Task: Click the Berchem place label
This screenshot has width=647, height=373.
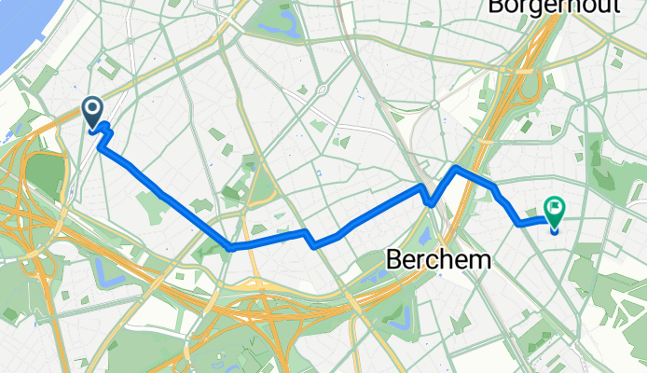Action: pyautogui.click(x=437, y=260)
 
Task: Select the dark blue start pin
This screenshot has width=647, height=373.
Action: pyautogui.click(x=93, y=113)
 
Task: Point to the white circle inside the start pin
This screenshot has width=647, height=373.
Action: pyautogui.click(x=93, y=109)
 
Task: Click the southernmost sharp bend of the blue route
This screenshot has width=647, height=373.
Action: pyautogui.click(x=230, y=247)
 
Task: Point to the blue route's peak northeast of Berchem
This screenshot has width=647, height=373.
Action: pyautogui.click(x=455, y=168)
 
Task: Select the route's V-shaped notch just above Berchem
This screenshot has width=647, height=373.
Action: pyautogui.click(x=430, y=202)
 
